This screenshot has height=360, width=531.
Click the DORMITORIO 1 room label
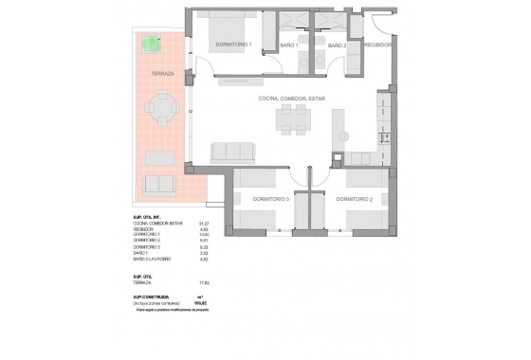(233, 45)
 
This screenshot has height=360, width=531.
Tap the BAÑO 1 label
(289, 45)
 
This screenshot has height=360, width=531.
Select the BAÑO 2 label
(338, 45)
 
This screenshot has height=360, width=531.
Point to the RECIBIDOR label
(379, 45)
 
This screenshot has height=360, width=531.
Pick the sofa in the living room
(232, 152)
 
